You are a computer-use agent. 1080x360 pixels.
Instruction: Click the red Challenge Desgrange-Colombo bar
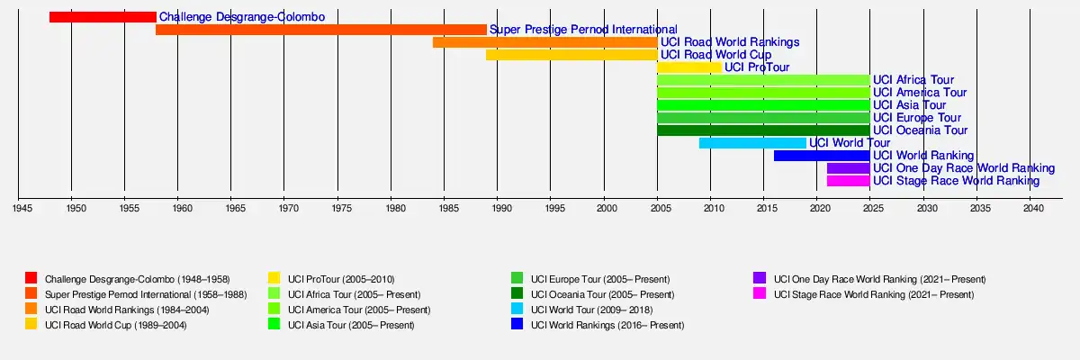tap(103, 17)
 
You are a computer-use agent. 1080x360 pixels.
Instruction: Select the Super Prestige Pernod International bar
tap(320, 30)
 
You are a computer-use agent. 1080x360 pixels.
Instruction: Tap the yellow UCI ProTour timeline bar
tap(689, 67)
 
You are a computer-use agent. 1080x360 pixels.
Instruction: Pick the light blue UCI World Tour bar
tap(752, 143)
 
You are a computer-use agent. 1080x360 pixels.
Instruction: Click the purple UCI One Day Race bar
tap(848, 168)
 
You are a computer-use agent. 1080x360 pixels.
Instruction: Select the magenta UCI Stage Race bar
tap(848, 181)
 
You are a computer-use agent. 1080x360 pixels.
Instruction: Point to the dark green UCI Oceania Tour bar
tap(763, 130)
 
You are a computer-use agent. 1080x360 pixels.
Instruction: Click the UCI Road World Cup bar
tap(571, 55)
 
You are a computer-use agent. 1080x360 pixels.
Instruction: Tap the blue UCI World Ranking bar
tap(822, 156)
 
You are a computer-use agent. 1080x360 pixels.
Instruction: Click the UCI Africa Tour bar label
tap(913, 80)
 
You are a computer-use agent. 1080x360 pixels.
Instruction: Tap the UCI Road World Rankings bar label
tap(730, 42)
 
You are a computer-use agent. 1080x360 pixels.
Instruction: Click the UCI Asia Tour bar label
tap(909, 105)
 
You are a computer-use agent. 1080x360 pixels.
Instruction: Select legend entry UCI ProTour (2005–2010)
tap(341, 279)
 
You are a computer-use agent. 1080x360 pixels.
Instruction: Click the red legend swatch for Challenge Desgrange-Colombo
tap(31, 278)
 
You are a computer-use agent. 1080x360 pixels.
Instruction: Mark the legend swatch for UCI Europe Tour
tap(517, 278)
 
